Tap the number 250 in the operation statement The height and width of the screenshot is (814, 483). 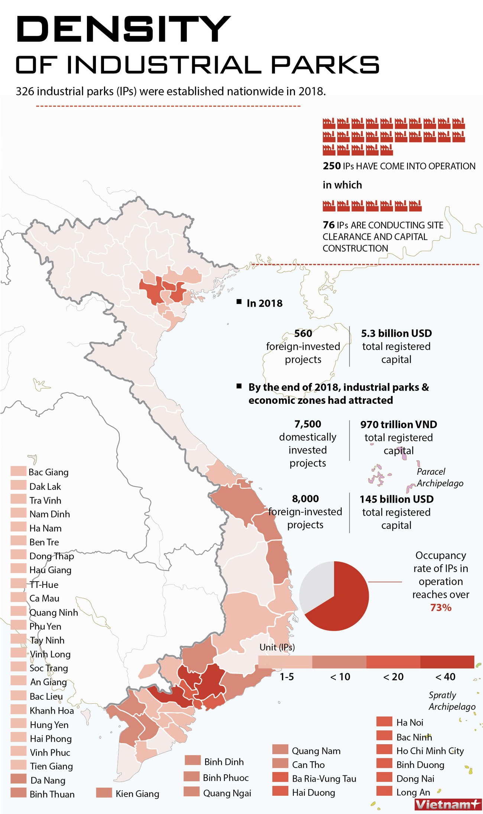331,166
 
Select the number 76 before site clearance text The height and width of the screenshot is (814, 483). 328,225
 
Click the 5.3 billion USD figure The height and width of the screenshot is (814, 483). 396,333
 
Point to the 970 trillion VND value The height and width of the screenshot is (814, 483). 399,424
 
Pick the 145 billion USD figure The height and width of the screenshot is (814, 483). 396,499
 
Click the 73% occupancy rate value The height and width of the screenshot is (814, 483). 441,608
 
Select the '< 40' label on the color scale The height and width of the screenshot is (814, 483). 445,677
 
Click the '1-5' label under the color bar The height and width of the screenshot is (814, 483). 286,677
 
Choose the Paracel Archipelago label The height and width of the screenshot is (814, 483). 440,477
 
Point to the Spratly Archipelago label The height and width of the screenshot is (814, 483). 452,701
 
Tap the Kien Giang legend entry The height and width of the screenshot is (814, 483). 137,794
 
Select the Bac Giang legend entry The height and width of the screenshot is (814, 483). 48,472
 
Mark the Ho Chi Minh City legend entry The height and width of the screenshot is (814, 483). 430,751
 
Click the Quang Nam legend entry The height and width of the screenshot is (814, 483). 316,751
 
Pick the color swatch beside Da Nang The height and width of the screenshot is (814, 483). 18,779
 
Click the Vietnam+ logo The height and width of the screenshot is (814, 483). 447,805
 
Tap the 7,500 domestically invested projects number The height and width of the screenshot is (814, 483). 308,424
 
